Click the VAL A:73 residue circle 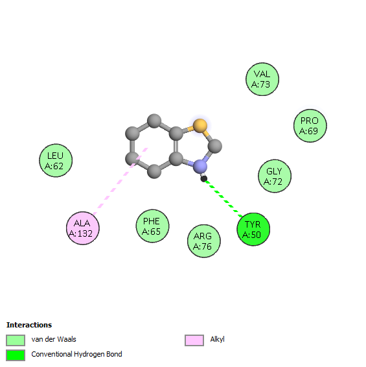262,79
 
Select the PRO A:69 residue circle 310,126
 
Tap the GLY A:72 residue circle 275,176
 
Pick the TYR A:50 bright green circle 253,230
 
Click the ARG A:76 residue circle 203,241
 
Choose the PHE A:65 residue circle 152,226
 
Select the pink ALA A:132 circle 83,228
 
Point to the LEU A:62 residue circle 56,160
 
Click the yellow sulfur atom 200,126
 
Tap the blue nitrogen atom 200,167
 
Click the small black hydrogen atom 203,178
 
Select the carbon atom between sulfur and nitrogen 214,146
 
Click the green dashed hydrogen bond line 223,198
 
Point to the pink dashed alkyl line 120,181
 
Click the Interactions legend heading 29,325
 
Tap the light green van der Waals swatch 16,340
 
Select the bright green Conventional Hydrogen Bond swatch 16,355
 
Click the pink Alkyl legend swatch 194,340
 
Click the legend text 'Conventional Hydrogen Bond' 76,354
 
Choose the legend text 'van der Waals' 54,339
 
